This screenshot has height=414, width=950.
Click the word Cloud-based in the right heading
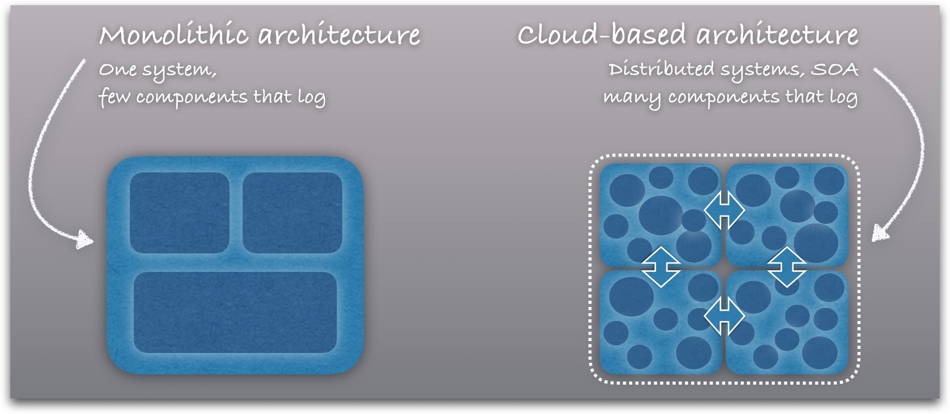[601, 35]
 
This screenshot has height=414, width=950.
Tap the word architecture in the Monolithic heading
[339, 35]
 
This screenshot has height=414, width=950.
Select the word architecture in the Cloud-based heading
[777, 35]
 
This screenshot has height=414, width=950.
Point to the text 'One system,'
[158, 70]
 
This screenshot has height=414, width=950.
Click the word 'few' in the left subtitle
[114, 97]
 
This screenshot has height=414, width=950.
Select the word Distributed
[661, 69]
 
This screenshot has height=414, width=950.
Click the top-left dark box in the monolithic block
[179, 212]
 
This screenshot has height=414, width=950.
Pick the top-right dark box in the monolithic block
[292, 212]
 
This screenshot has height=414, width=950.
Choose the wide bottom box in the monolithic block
[235, 312]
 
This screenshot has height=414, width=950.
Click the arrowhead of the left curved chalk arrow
[84, 240]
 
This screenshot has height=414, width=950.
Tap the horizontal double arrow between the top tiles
[724, 210]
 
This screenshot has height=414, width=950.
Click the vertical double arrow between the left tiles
[661, 267]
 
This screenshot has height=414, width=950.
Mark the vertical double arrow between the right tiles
[787, 267]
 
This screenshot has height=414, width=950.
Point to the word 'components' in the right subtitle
[723, 97]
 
